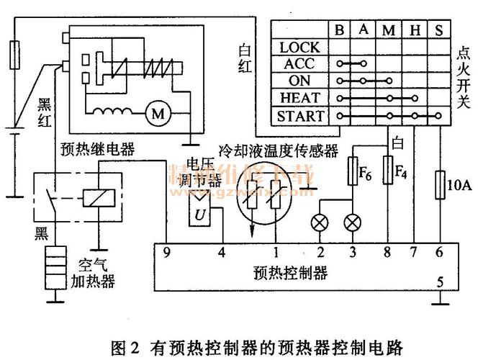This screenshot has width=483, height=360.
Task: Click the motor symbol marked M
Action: coord(157,113)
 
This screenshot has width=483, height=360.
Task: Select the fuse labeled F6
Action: coord(353,174)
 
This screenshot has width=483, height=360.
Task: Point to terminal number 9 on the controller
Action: coord(166,253)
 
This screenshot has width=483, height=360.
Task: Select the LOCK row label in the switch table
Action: coord(299,47)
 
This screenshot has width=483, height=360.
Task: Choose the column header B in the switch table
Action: coord(339,30)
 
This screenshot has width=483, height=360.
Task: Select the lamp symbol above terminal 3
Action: coord(352,222)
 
